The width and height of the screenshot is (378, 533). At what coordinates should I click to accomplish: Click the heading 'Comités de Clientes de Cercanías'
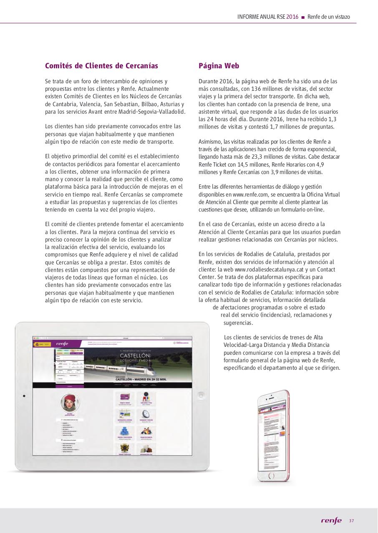[x=101, y=66]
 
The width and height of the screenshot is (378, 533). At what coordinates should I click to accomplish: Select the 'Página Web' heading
[x=219, y=66]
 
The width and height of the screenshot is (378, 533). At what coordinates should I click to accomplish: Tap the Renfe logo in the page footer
[x=331, y=521]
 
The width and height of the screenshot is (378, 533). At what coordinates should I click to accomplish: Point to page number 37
[x=351, y=521]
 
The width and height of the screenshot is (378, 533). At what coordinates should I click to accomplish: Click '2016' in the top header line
[x=292, y=17]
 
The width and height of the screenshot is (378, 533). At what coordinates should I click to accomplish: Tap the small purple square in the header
[x=303, y=17]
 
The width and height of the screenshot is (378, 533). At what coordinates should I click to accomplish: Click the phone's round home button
[x=271, y=475]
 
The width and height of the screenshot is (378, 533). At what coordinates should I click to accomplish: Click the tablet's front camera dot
[x=24, y=396]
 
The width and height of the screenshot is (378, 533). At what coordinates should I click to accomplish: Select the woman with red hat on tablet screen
[x=69, y=403]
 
